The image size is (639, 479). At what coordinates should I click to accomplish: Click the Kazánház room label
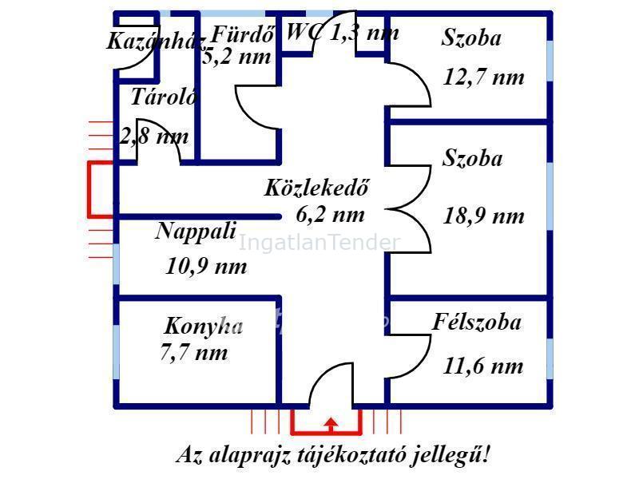coord(157,41)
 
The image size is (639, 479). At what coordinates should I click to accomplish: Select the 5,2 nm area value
coord(238,57)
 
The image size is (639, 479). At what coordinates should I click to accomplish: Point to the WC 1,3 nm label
coord(342,33)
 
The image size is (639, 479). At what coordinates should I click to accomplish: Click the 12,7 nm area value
coord(484,77)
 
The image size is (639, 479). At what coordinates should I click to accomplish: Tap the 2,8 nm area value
coord(154,136)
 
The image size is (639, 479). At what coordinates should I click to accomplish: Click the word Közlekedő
coord(317,188)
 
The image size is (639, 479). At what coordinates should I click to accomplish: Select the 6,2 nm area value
coord(330,214)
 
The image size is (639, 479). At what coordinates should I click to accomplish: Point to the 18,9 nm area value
coord(484,216)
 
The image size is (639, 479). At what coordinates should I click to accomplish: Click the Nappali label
coord(196,232)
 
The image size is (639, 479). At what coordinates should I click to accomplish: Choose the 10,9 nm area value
coord(206,267)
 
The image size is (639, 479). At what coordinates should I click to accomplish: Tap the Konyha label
coord(203,326)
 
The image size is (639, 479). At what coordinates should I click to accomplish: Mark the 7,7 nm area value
coord(194,352)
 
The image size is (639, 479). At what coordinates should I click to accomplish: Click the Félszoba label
coord(477,323)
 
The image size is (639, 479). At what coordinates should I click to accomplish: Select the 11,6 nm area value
coord(483,366)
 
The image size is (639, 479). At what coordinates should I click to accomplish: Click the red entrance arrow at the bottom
coord(331,424)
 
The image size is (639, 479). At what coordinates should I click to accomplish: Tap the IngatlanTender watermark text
coord(319,243)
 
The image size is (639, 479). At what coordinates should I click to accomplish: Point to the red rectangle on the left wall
coord(101,189)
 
